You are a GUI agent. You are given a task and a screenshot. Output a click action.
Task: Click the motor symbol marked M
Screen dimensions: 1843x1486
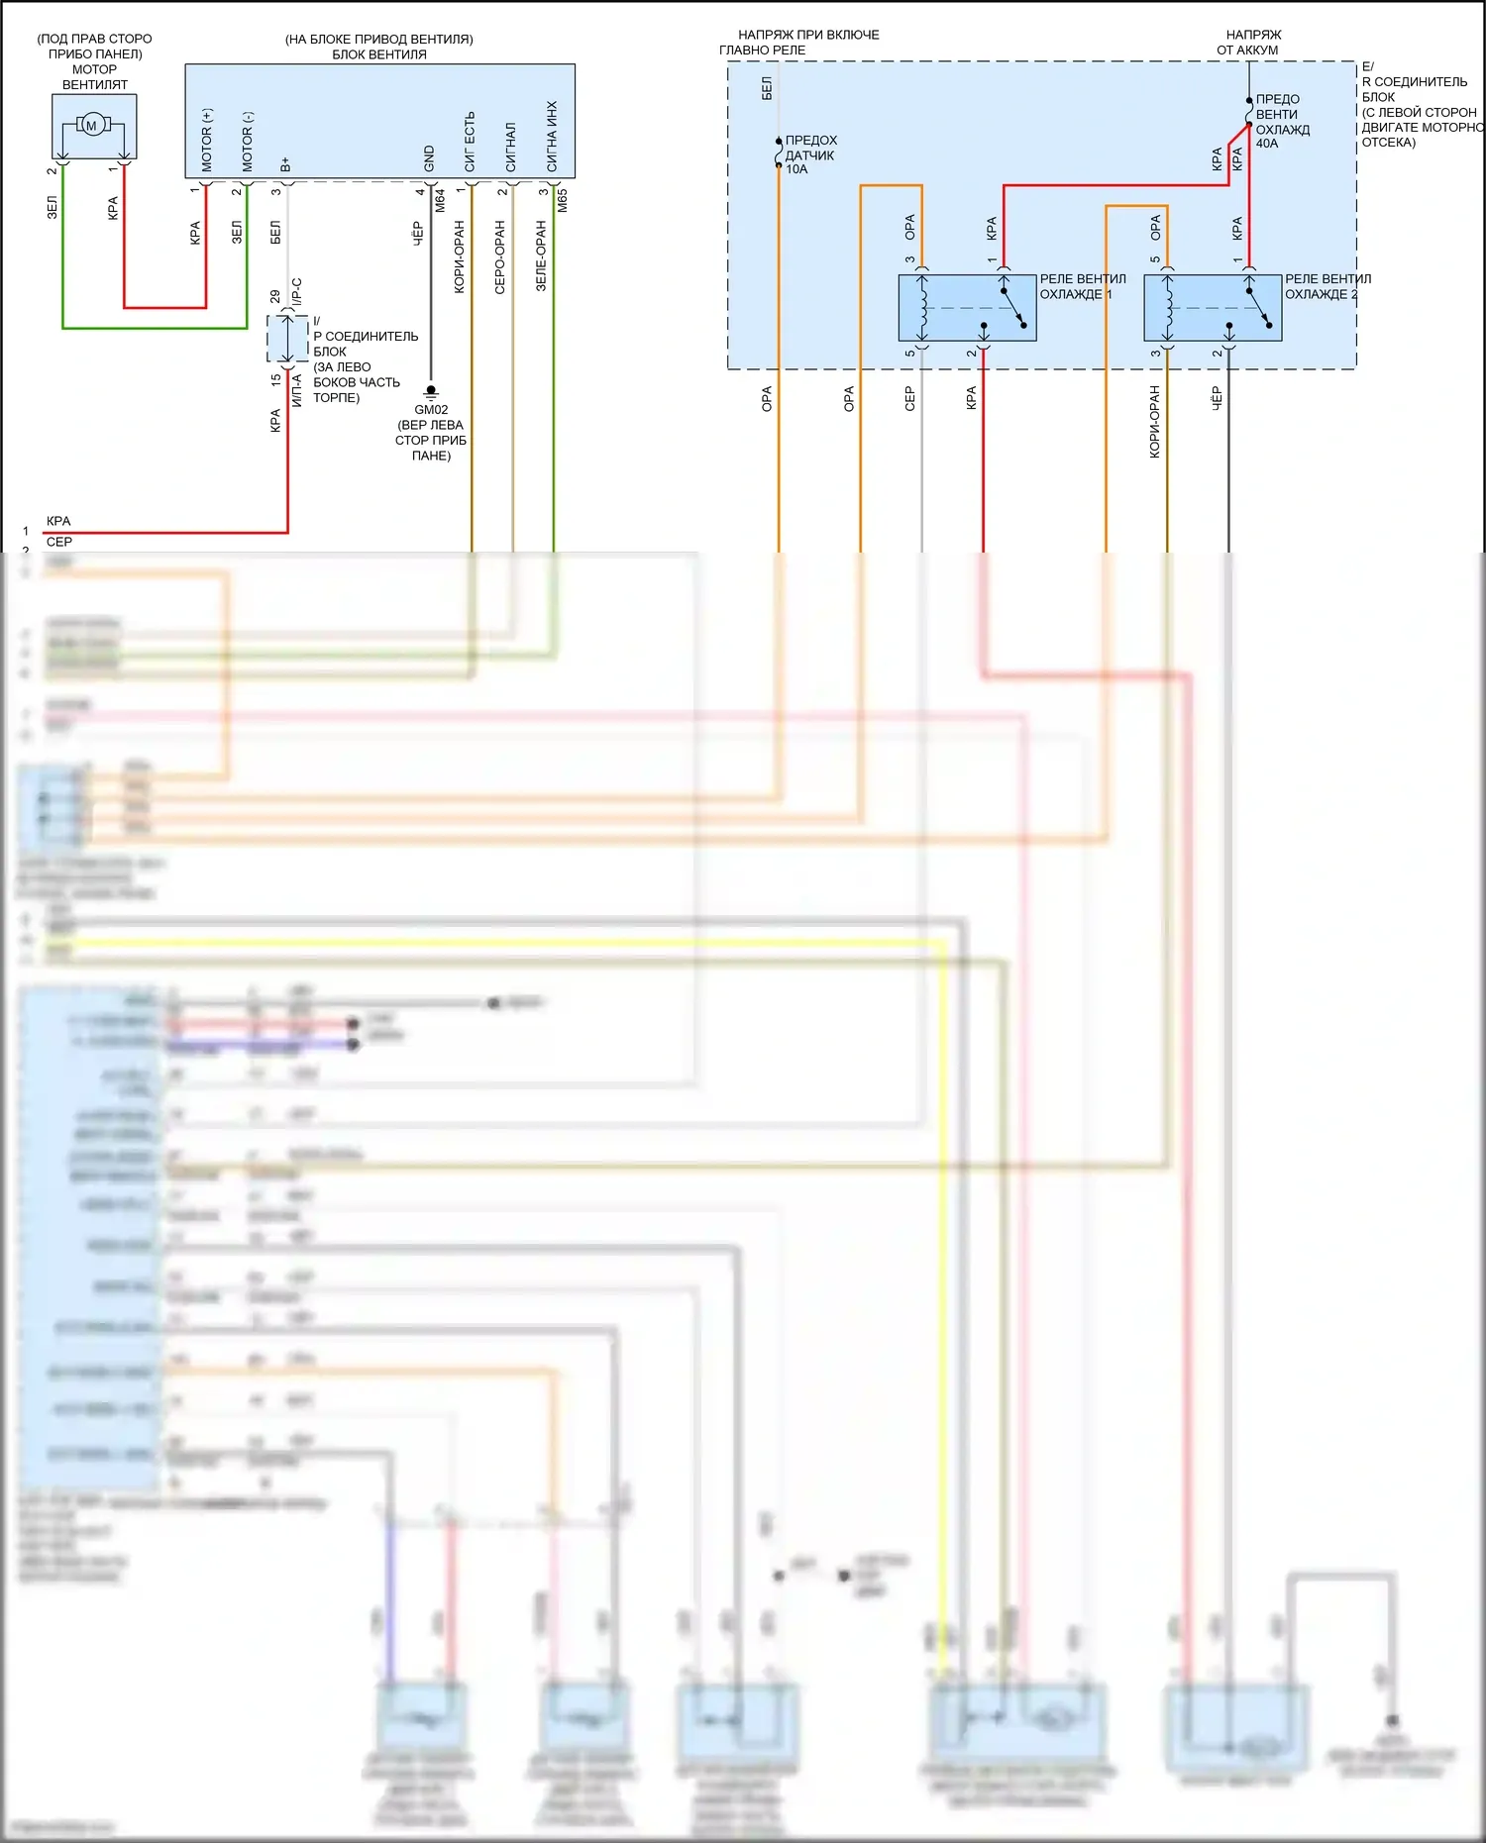pyautogui.click(x=92, y=125)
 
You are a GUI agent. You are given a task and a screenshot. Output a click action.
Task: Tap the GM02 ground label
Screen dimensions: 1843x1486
pyautogui.click(x=431, y=409)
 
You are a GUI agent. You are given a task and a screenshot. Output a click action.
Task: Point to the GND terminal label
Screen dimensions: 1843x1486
pyautogui.click(x=429, y=158)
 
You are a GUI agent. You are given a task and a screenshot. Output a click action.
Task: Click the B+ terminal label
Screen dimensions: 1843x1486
pyautogui.click(x=285, y=163)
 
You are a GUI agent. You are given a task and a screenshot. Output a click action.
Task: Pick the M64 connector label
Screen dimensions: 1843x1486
pyautogui.click(x=441, y=201)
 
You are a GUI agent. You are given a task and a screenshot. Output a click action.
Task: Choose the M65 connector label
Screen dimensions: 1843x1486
pyautogui.click(x=563, y=201)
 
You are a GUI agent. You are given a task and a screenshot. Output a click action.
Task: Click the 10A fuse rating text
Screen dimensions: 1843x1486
pyautogui.click(x=796, y=169)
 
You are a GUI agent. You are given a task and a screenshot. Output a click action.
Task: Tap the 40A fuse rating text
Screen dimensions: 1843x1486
pyautogui.click(x=1267, y=144)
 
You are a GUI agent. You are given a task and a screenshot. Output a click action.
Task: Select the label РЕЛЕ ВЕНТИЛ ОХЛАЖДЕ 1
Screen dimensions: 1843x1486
pyautogui.click(x=1082, y=286)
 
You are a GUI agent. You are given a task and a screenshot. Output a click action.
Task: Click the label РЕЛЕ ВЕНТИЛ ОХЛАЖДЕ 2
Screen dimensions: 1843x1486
pyautogui.click(x=1327, y=286)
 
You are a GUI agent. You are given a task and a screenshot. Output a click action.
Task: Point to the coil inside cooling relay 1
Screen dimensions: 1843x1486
pyautogui.click(x=923, y=307)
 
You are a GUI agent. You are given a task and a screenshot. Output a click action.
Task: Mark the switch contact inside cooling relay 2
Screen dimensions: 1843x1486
pyautogui.click(x=1260, y=307)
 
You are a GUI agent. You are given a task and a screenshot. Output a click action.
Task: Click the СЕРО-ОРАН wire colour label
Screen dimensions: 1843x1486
pyautogui.click(x=499, y=257)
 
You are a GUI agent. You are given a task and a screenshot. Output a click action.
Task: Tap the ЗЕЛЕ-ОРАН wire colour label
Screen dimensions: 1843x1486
pyautogui.click(x=541, y=256)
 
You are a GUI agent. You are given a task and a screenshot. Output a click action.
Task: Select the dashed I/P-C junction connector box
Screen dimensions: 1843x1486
pyautogui.click(x=287, y=340)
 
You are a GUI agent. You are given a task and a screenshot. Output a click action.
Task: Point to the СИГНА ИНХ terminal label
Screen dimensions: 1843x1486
pyautogui.click(x=552, y=136)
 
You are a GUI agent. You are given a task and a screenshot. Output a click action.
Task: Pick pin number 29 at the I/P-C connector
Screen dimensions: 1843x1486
pyautogui.click(x=274, y=296)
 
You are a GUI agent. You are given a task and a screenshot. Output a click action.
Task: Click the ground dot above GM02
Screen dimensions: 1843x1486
pyautogui.click(x=431, y=389)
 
